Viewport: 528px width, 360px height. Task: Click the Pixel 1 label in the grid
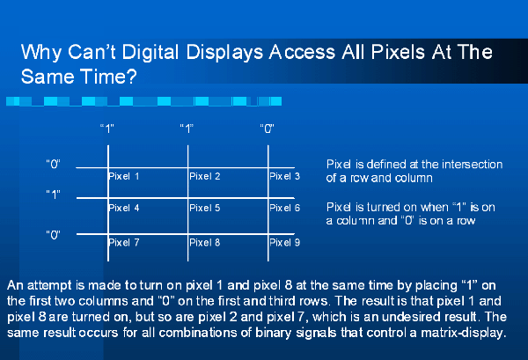[x=123, y=176]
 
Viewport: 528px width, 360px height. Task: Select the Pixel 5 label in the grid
[x=205, y=208]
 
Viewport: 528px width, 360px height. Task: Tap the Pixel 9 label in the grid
[x=284, y=242]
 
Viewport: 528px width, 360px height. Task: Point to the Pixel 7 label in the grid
[x=123, y=242]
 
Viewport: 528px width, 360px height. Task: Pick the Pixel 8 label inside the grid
[x=205, y=242]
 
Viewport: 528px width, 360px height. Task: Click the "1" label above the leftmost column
[x=107, y=129]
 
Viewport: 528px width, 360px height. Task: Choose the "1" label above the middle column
[x=187, y=129]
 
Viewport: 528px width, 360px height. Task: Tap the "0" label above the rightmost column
[x=267, y=129]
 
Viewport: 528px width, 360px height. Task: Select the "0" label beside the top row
[x=53, y=164]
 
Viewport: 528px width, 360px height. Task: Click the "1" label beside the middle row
[x=53, y=195]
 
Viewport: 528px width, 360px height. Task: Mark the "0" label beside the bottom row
[x=53, y=235]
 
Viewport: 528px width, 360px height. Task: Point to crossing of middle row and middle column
[x=188, y=198]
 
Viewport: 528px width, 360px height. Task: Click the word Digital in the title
[x=150, y=53]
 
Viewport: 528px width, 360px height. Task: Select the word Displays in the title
[x=224, y=53]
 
